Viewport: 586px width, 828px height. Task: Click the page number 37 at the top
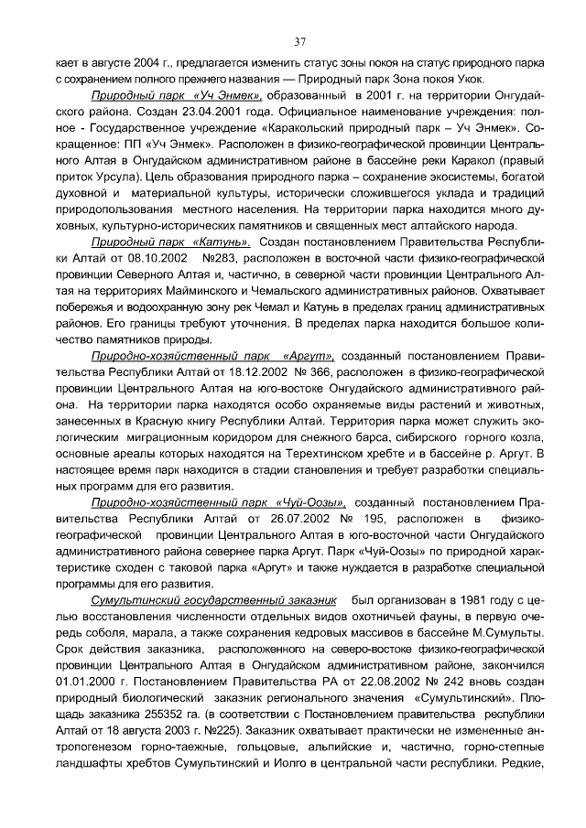pos(299,41)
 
